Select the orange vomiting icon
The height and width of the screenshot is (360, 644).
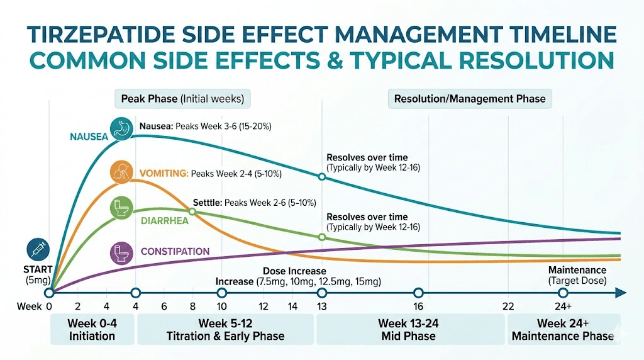121,172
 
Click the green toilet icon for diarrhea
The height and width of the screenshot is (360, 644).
121,208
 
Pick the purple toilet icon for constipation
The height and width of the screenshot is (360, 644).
121,253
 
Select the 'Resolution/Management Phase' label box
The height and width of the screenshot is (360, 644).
470,99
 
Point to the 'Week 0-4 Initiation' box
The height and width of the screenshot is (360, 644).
92,329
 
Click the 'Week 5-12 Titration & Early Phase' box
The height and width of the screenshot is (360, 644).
225,329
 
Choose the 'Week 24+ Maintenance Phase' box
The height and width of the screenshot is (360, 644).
562,329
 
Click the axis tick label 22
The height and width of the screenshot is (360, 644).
508,307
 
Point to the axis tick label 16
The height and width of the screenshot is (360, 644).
418,307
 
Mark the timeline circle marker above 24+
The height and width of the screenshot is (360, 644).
563,293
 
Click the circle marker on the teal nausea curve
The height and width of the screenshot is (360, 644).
322,177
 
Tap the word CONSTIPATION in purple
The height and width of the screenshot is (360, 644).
175,252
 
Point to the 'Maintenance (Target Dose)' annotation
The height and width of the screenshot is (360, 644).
577,275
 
